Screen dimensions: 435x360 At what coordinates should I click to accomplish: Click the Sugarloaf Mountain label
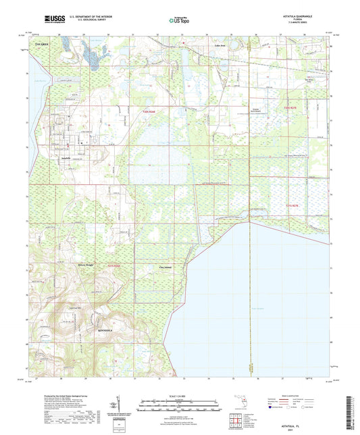pos(66,307)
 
